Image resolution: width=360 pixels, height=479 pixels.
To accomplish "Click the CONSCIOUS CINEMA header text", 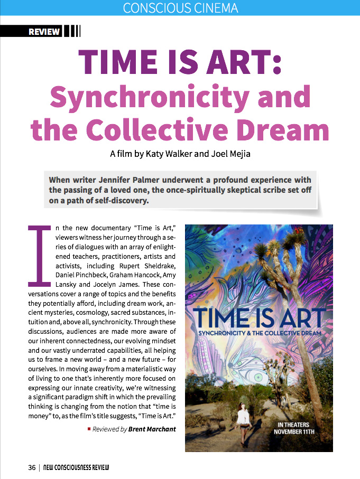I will click(180, 8).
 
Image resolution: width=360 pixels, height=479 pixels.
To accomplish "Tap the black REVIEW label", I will click(44, 32).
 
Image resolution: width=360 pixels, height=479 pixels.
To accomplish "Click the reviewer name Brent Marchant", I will click(152, 429).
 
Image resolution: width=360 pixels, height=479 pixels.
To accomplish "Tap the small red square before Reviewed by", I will click(89, 429).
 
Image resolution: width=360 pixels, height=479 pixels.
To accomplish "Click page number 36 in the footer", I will click(32, 468).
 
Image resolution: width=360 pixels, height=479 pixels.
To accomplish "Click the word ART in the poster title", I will click(299, 318).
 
